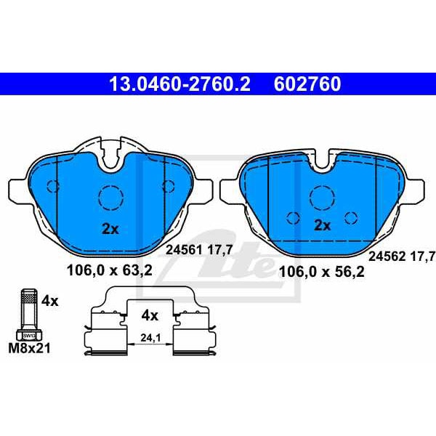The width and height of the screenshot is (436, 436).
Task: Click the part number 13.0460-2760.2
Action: tap(179, 84)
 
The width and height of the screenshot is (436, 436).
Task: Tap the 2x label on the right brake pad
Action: tap(322, 225)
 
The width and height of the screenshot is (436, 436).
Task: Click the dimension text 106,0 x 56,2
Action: tap(321, 272)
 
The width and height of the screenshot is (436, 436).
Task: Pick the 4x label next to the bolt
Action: tap(50, 299)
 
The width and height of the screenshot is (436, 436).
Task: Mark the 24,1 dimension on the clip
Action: tap(150, 336)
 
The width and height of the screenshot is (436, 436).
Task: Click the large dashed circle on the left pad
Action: tap(110, 196)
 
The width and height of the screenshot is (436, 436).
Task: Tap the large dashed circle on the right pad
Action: tap(322, 195)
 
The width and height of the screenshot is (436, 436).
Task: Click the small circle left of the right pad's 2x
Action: tap(293, 217)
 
